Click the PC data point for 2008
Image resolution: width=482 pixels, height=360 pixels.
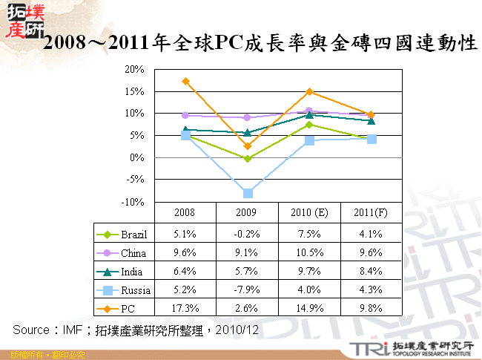click(185, 81)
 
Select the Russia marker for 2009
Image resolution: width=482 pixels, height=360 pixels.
click(248, 193)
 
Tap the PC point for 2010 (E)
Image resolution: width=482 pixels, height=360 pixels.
click(310, 91)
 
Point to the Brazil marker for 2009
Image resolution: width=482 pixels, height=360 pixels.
click(248, 159)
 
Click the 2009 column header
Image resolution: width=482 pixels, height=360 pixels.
click(247, 212)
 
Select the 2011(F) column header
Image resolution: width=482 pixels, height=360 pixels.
click(371, 212)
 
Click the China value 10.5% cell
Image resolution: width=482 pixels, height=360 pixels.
click(309, 253)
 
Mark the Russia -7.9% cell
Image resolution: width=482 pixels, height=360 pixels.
click(247, 289)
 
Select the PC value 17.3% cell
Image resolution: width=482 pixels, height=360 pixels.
click(185, 308)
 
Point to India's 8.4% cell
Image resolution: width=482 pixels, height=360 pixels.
click(371, 272)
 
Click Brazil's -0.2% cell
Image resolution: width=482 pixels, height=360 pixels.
click(247, 235)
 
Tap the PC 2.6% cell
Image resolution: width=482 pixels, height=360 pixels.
click(247, 308)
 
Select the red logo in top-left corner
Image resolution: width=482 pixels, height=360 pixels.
click(22, 21)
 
